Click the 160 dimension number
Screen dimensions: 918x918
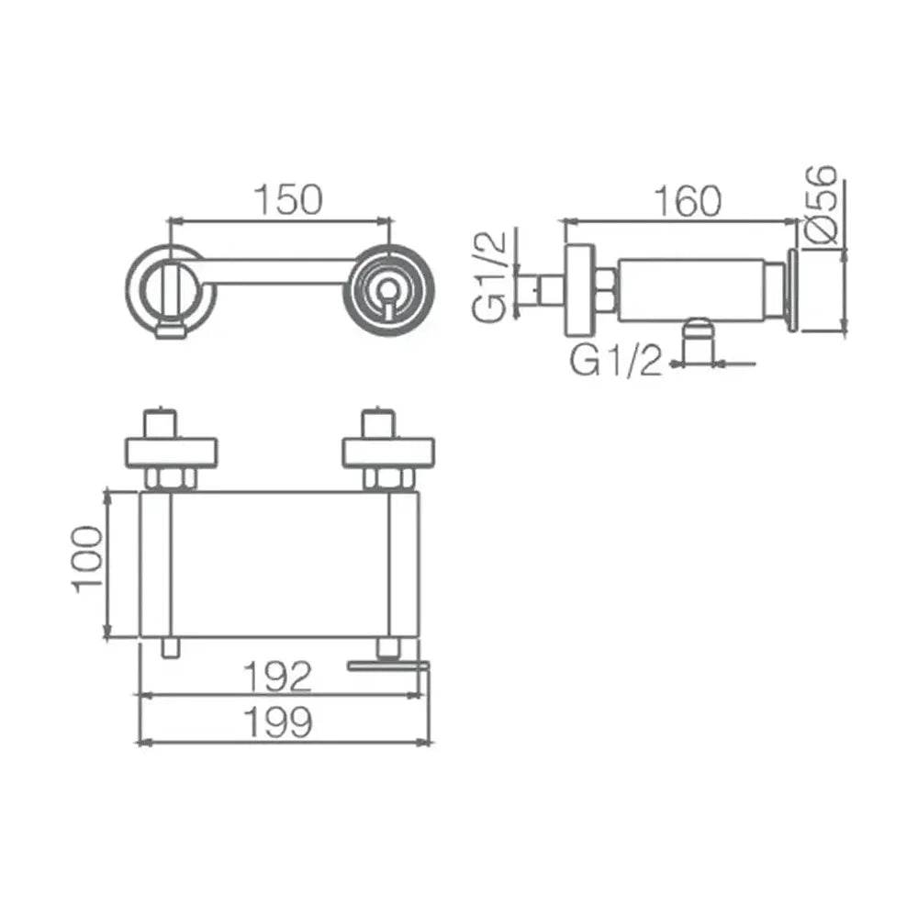pos(688,201)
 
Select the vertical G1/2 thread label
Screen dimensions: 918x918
pos(490,277)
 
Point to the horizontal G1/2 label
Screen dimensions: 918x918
pos(617,360)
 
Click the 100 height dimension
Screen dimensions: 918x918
pos(86,560)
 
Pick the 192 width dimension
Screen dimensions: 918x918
pos(277,677)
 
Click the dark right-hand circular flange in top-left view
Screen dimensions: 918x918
pos(388,290)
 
